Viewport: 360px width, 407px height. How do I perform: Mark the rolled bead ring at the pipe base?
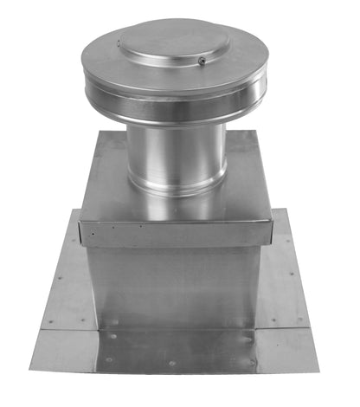click(173, 184)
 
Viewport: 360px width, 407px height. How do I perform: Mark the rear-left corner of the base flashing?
click(76, 210)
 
